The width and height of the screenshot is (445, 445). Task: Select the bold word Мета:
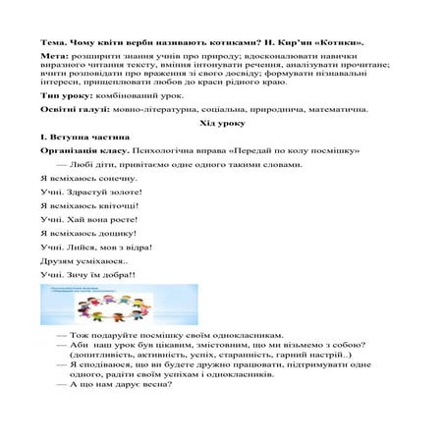pyautogui.click(x=56, y=61)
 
